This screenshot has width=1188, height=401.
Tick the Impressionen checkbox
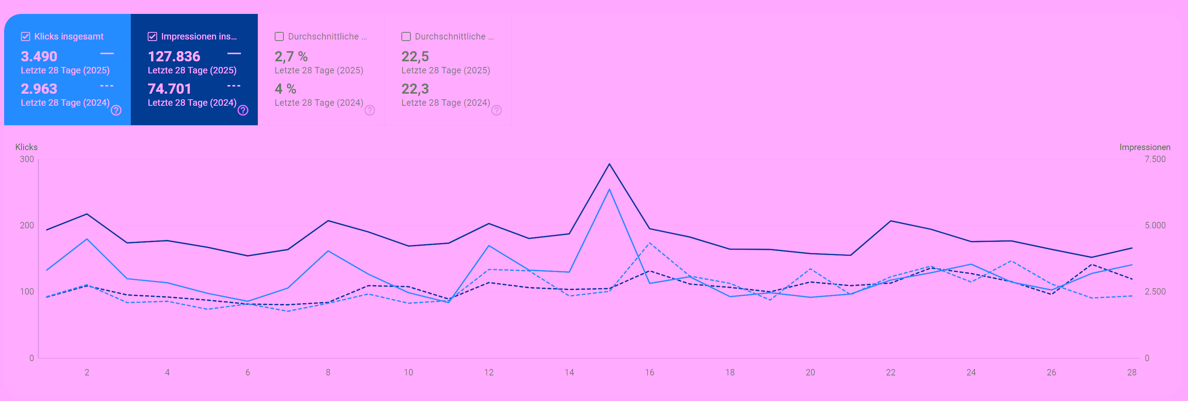tap(152, 36)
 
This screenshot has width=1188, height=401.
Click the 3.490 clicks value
tap(39, 56)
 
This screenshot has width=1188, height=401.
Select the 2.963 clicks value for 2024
tap(39, 89)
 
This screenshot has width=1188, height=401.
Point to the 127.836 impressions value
tap(174, 56)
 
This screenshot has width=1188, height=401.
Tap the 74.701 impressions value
tap(169, 89)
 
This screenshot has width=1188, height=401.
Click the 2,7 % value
tap(291, 56)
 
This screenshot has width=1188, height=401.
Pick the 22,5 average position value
tap(415, 56)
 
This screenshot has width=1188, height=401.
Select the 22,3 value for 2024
tap(415, 89)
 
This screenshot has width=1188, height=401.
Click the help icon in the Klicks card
tap(116, 110)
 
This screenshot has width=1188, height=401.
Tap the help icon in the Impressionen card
tap(243, 110)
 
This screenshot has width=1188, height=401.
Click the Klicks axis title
tap(26, 147)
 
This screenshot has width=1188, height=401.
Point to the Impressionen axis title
tap(1145, 147)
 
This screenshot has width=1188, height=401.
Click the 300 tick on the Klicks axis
tap(27, 159)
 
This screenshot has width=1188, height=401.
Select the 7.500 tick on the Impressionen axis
tap(1155, 159)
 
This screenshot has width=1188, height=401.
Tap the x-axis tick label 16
tap(649, 372)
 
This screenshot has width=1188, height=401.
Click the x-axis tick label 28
tap(1132, 372)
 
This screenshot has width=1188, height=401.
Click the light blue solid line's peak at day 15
tap(609, 189)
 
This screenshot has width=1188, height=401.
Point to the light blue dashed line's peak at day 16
tap(649, 243)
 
